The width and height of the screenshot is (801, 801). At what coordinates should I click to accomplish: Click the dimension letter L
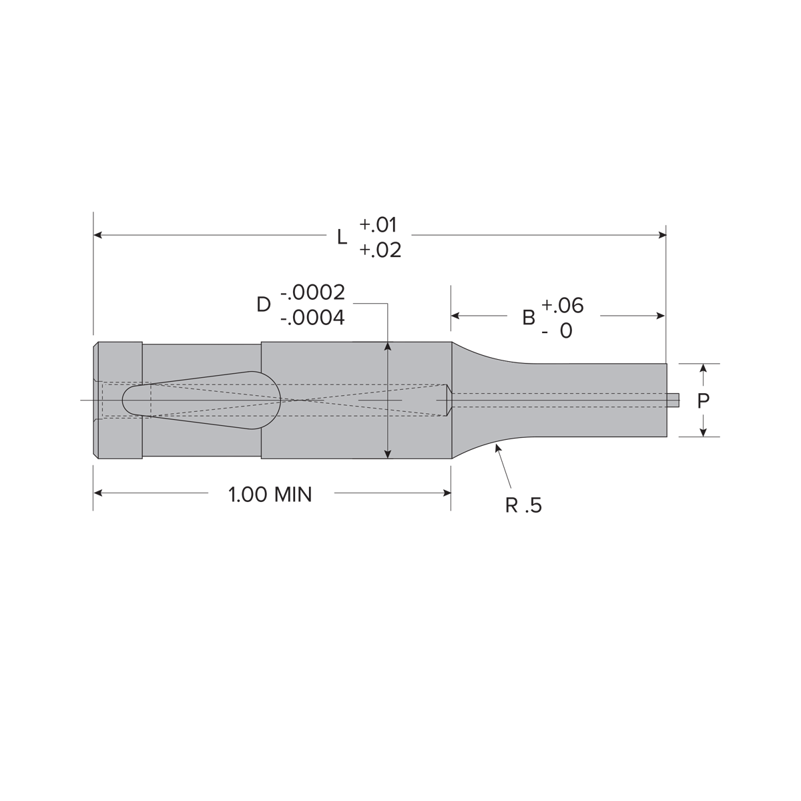coord(342,237)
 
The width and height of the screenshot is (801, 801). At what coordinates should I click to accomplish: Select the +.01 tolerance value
coord(378,224)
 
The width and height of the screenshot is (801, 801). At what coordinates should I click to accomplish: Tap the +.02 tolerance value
coord(380,250)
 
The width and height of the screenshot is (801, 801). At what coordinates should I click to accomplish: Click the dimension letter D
coord(264,304)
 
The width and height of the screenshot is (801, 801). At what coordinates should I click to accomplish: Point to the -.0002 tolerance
coord(312,292)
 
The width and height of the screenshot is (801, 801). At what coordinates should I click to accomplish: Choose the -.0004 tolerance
coord(312,318)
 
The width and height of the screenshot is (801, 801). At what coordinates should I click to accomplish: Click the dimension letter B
coord(528,318)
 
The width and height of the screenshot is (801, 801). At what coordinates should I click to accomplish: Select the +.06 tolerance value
coord(563,306)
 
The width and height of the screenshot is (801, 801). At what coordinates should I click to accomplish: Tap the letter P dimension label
coord(703,401)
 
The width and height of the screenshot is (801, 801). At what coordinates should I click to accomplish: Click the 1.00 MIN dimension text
coord(270,495)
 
